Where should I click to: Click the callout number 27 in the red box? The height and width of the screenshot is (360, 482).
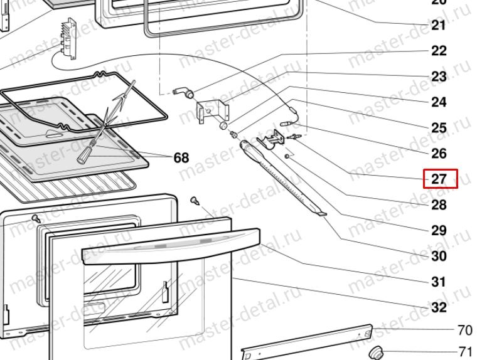(x=439, y=179)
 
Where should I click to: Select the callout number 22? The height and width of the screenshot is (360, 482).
(x=439, y=51)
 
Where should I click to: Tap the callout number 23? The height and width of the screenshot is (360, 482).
(x=439, y=77)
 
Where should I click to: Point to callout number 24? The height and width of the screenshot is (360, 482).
(x=439, y=102)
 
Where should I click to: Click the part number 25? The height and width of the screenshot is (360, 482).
(x=439, y=128)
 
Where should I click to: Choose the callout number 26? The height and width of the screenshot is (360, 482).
(x=439, y=153)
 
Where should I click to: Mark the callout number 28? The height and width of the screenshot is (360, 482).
(x=439, y=204)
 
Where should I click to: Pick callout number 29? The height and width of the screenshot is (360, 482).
(x=439, y=230)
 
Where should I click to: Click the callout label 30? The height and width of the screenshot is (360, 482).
(x=439, y=256)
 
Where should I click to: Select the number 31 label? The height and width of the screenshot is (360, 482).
(x=439, y=282)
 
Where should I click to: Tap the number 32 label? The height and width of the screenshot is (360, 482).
(x=439, y=307)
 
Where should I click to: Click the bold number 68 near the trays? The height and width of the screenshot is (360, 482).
(x=181, y=157)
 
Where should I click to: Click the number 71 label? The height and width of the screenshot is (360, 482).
(x=465, y=351)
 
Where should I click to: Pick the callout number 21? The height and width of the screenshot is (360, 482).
(x=439, y=25)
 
